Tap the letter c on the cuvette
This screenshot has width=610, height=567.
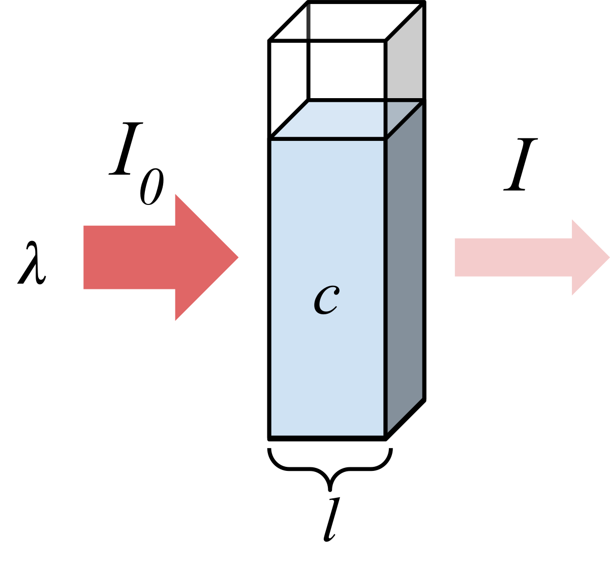[326, 301]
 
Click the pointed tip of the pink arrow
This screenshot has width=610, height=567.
[607, 258]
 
